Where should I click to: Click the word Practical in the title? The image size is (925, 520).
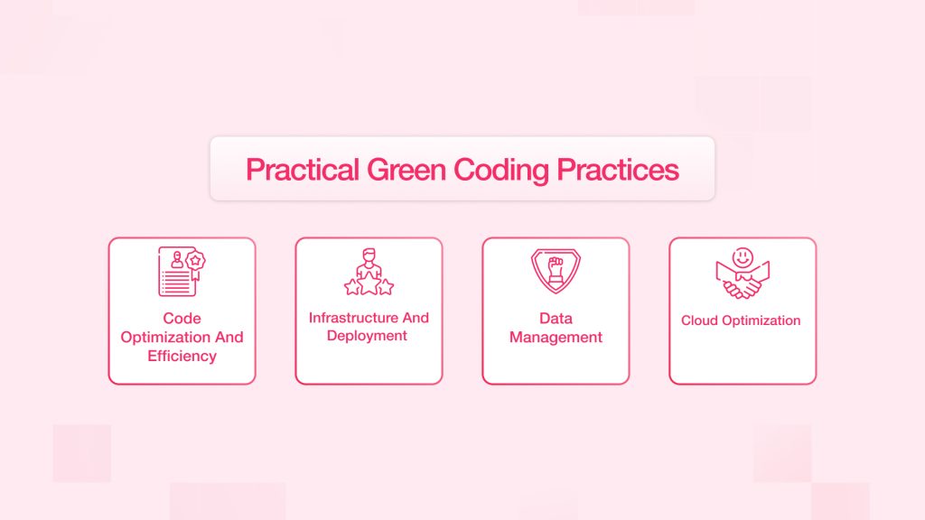(303, 170)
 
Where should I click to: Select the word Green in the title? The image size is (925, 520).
(406, 170)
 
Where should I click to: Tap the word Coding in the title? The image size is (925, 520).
(501, 171)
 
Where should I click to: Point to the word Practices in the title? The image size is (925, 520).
(618, 170)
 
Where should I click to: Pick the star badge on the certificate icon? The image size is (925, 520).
(195, 261)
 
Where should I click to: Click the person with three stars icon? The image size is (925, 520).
(369, 272)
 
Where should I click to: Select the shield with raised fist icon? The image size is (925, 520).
(556, 271)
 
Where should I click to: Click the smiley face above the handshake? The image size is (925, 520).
(743, 257)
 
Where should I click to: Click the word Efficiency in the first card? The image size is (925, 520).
(182, 356)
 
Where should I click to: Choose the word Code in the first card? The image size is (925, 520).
(182, 319)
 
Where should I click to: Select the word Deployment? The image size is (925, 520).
(367, 336)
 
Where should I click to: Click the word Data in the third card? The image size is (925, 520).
(556, 319)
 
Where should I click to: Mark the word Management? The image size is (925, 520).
(556, 338)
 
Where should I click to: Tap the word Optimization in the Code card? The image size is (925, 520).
(168, 338)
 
